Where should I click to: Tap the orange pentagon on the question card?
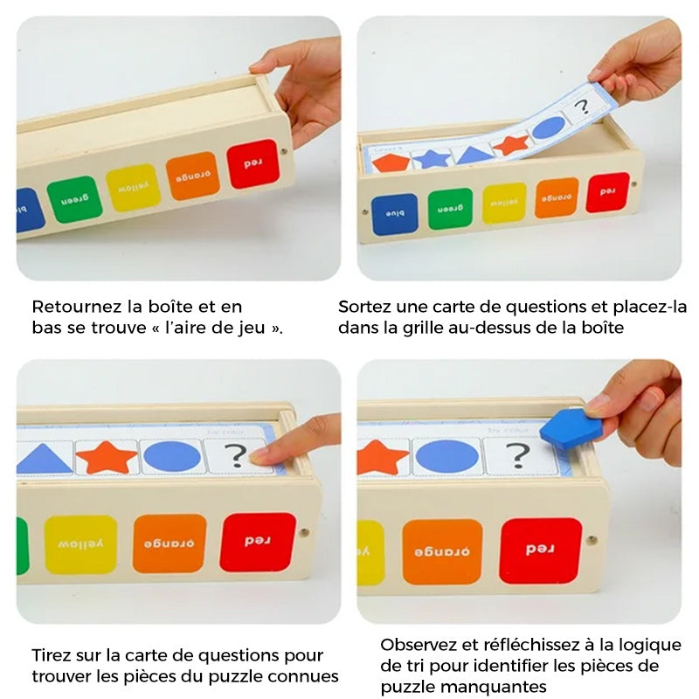[x=391, y=163]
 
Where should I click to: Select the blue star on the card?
[x=432, y=158]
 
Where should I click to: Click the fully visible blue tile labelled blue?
[x=395, y=214]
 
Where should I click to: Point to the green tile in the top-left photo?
[x=74, y=199]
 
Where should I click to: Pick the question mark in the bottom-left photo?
[x=236, y=456]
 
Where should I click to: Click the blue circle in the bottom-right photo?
[x=446, y=457]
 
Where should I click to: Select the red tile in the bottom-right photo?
[x=540, y=550]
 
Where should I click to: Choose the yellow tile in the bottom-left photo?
[x=80, y=544]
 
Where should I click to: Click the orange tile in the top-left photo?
[x=192, y=176]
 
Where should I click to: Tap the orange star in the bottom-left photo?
[x=107, y=457]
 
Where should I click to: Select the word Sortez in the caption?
[x=361, y=307]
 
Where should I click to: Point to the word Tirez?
[x=52, y=655]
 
